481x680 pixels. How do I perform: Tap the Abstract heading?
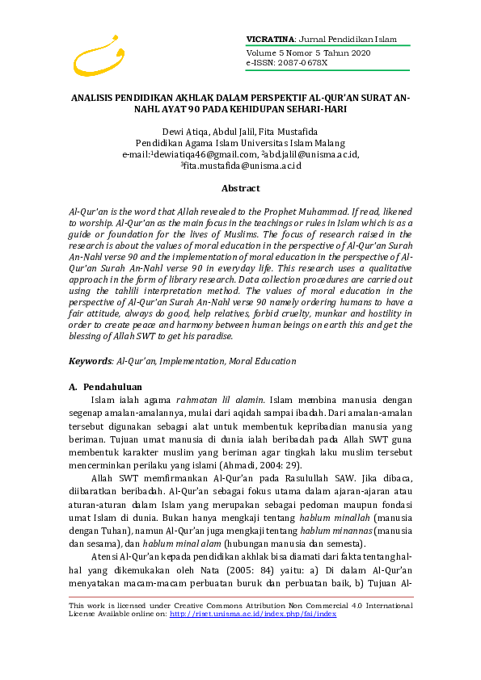[240, 188]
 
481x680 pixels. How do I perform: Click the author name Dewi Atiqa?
[184, 132]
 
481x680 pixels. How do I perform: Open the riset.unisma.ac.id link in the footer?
[253, 614]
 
